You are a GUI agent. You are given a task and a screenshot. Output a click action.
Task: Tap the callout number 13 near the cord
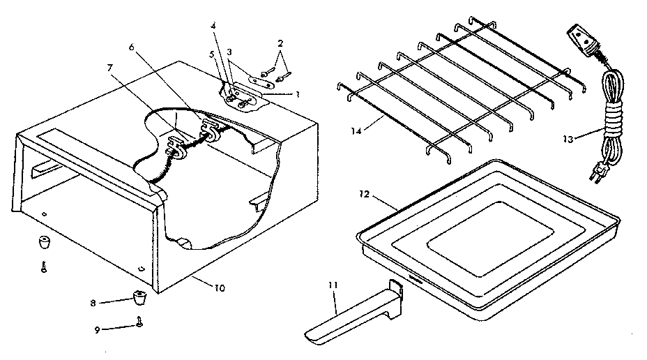click(x=568, y=140)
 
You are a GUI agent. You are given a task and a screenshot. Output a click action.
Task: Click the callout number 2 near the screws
click(x=280, y=43)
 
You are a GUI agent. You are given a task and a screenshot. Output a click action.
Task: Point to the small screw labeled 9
click(x=141, y=322)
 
